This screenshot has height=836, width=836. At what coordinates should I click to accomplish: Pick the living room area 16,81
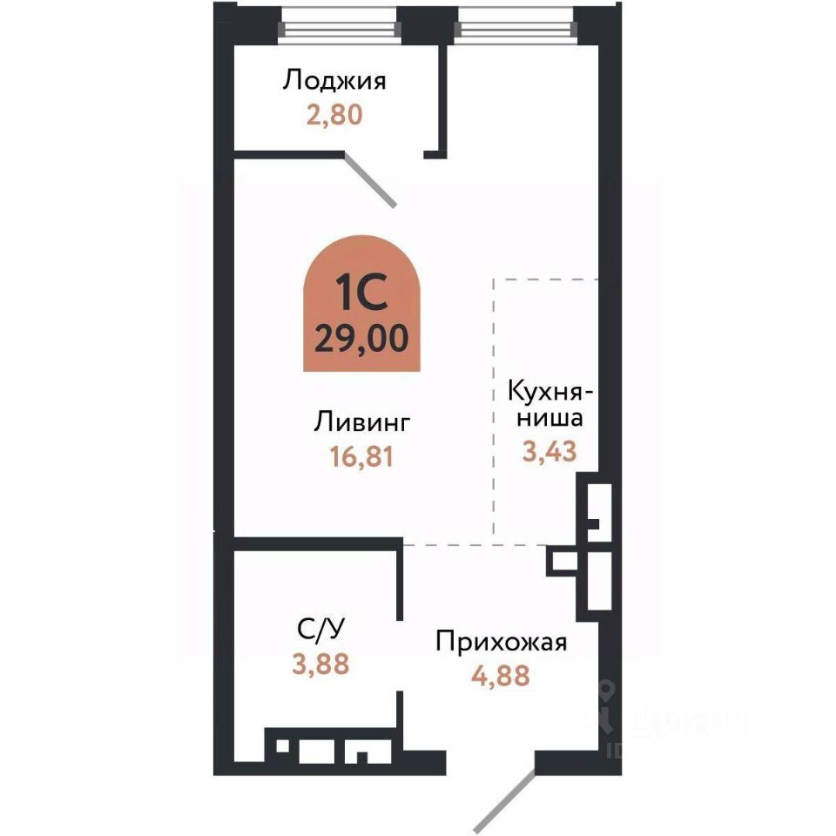point(361,455)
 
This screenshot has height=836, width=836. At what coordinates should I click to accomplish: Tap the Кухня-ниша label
point(549,404)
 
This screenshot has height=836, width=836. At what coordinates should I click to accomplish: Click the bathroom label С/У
point(320,630)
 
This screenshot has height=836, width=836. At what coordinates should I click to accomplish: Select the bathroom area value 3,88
point(320,664)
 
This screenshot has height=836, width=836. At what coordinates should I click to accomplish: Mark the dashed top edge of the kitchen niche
point(546,280)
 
